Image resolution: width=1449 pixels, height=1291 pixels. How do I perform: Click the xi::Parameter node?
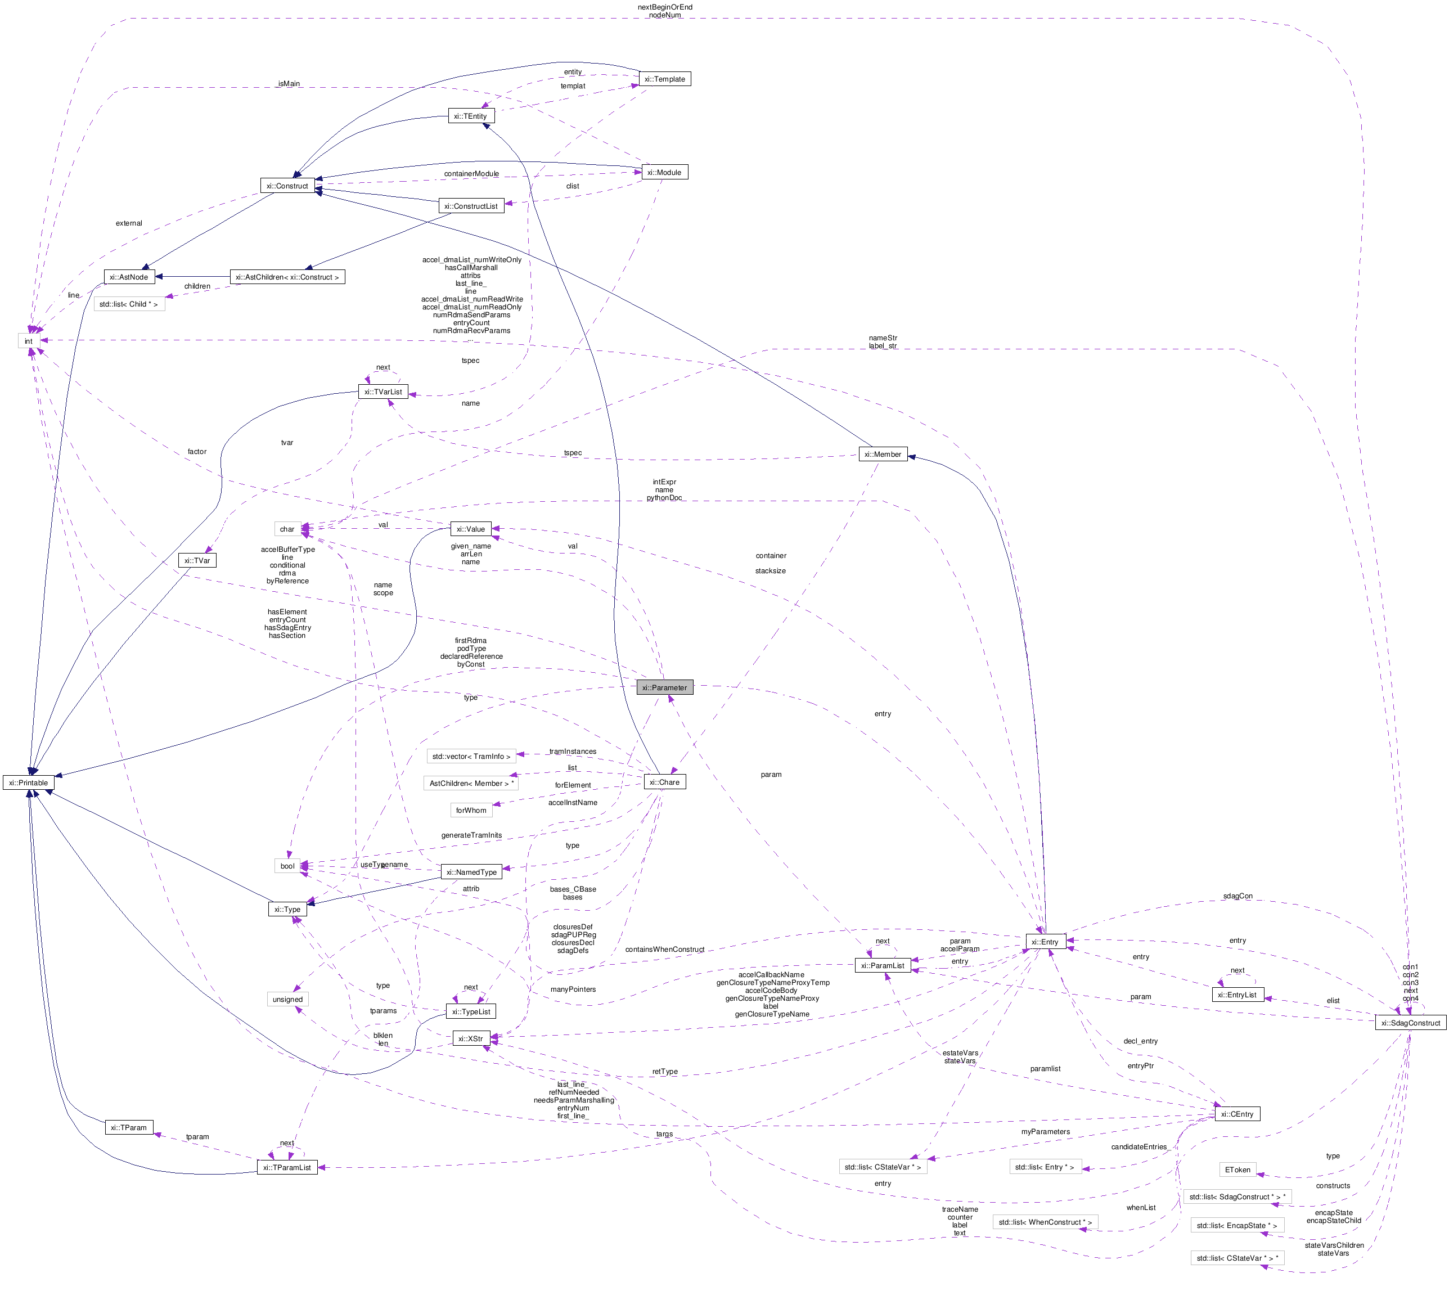(664, 687)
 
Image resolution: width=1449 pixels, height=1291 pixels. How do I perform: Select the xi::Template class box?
(664, 79)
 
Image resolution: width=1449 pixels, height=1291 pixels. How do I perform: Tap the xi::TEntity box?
(470, 116)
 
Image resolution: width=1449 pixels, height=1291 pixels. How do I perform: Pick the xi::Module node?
(664, 172)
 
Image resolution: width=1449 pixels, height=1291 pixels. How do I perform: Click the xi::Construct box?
(287, 186)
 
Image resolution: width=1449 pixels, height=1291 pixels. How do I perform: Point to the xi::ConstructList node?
(471, 206)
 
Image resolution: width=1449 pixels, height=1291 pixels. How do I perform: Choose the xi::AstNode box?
(128, 277)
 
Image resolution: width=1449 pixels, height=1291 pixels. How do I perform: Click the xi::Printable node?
(28, 782)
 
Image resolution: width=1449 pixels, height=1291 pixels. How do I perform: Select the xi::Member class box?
(883, 454)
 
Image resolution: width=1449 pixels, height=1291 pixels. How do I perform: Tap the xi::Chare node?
(664, 782)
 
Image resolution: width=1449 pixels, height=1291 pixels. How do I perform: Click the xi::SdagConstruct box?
(1410, 1023)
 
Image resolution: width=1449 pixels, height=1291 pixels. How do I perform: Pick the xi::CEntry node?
(1237, 1114)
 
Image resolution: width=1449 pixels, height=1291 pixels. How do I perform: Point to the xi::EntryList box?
(1237, 995)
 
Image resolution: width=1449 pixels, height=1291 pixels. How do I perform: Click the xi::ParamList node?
(883, 965)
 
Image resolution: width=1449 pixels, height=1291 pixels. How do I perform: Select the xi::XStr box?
(470, 1038)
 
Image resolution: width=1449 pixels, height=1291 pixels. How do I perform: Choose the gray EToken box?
(1237, 1169)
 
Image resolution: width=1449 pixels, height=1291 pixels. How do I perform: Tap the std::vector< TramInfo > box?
(471, 756)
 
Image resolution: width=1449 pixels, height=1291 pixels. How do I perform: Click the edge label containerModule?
(471, 174)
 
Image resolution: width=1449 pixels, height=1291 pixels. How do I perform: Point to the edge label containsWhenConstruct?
(664, 949)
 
